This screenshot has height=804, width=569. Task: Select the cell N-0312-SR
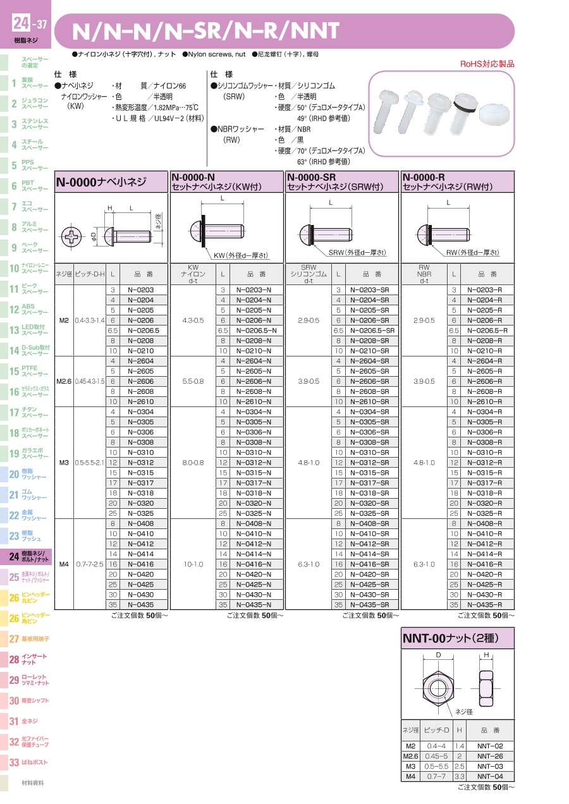[369, 463]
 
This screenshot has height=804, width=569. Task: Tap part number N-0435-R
[485, 605]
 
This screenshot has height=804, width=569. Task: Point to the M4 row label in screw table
[64, 564]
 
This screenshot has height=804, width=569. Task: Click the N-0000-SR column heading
[312, 178]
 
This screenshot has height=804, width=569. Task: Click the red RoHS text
[487, 64]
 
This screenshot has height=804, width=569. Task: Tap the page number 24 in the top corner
[21, 25]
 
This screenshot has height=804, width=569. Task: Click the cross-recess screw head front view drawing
[74, 238]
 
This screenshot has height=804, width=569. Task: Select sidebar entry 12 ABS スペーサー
[28, 310]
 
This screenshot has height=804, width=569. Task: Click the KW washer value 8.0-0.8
[193, 463]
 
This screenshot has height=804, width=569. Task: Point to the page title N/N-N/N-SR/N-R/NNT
[206, 30]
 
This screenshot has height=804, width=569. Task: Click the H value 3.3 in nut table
[460, 776]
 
